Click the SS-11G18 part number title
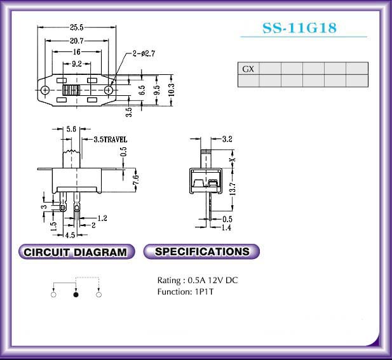pyautogui.click(x=299, y=28)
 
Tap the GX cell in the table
pyautogui.click(x=248, y=69)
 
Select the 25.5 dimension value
pyautogui.click(x=76, y=27)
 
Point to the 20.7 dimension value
pyautogui.click(x=77, y=41)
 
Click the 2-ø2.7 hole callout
pyautogui.click(x=144, y=53)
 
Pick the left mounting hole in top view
pyautogui.click(x=45, y=90)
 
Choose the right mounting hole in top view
pyautogui.click(x=109, y=90)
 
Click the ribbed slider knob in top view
pyautogui.click(x=71, y=90)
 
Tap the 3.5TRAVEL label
pyautogui.click(x=111, y=140)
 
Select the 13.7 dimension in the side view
pyautogui.click(x=233, y=189)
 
